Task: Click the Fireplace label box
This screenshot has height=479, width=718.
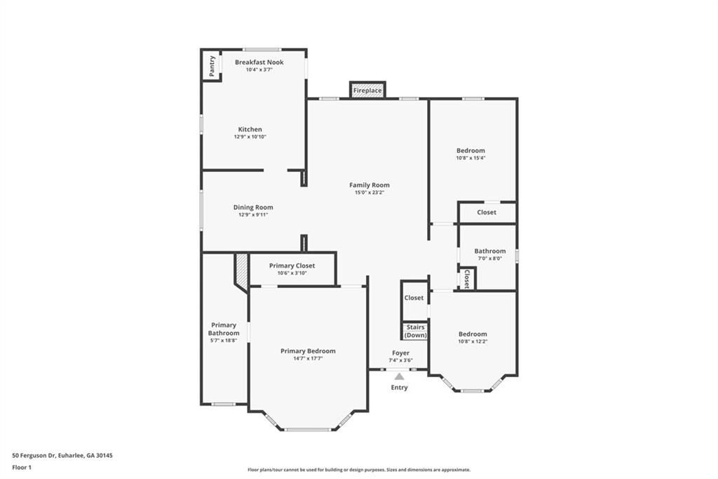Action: pos(367,91)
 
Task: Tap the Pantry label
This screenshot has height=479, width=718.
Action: pos(212,66)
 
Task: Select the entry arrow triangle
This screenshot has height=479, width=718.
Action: pos(399,376)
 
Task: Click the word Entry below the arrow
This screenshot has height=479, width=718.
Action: pos(399,388)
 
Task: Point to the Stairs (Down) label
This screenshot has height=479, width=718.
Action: pos(415,332)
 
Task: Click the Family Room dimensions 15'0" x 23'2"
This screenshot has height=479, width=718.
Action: pos(370,192)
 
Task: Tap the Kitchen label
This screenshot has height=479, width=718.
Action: pos(250,129)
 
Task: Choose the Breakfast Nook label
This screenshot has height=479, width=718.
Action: pos(259,62)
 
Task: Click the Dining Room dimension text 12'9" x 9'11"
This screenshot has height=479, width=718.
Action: pos(253,215)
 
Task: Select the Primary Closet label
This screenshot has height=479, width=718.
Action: pos(292,265)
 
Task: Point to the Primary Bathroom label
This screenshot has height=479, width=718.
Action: pos(224,329)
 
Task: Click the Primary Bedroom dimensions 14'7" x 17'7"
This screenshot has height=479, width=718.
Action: pos(309,358)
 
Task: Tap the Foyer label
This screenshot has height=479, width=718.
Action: pos(400,353)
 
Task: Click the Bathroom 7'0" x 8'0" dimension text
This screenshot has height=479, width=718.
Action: pos(490,258)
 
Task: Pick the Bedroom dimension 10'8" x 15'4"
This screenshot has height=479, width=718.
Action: pos(470,158)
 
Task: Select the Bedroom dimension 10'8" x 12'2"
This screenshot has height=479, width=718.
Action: pos(473,341)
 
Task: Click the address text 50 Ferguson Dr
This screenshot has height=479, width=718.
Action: pos(34,456)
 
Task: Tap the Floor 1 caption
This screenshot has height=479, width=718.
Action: pos(22,468)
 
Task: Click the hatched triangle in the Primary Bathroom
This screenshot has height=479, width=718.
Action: pos(241,270)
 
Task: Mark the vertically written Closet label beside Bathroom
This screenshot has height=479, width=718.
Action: pos(466,279)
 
